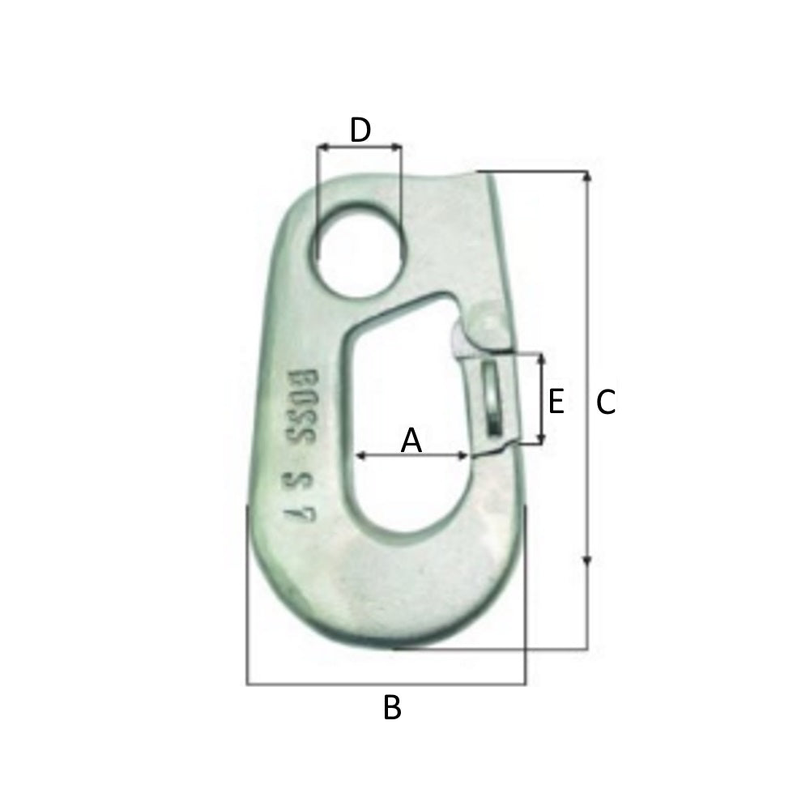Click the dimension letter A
(x=411, y=441)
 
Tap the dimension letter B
(x=392, y=708)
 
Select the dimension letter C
(x=606, y=403)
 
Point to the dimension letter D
(x=360, y=130)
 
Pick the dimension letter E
(x=556, y=401)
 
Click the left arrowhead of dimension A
(x=361, y=456)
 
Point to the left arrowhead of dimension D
(x=322, y=147)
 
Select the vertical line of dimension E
(x=540, y=399)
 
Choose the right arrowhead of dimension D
(x=397, y=147)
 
